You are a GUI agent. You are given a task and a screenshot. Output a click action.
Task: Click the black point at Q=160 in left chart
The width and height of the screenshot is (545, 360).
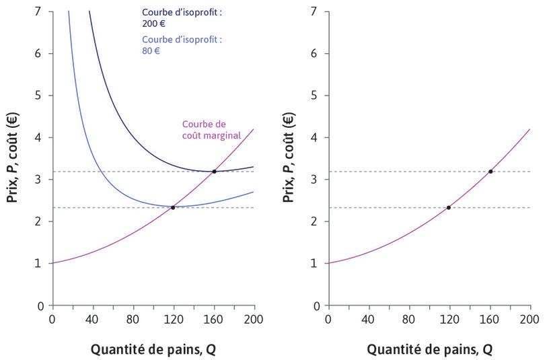(214, 172)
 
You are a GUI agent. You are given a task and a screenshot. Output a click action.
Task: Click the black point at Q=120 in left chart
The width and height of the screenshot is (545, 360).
(173, 207)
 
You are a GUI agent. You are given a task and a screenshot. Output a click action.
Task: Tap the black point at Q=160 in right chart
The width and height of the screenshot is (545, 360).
(490, 172)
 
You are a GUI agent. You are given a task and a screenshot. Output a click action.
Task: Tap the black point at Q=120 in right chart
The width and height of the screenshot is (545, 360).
(449, 207)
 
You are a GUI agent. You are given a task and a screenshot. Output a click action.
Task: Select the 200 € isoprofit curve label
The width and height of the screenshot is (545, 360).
(182, 17)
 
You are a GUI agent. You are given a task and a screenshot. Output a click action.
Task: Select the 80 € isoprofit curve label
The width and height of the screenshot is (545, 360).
(182, 44)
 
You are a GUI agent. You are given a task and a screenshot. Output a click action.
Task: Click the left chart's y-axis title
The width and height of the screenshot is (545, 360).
(13, 159)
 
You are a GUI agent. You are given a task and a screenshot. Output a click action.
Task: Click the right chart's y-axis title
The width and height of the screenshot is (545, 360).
(289, 159)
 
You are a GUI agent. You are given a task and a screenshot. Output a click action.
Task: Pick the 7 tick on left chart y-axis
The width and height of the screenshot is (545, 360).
(39, 11)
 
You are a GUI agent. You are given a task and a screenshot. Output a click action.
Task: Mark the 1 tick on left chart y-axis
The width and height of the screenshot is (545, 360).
(39, 263)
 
